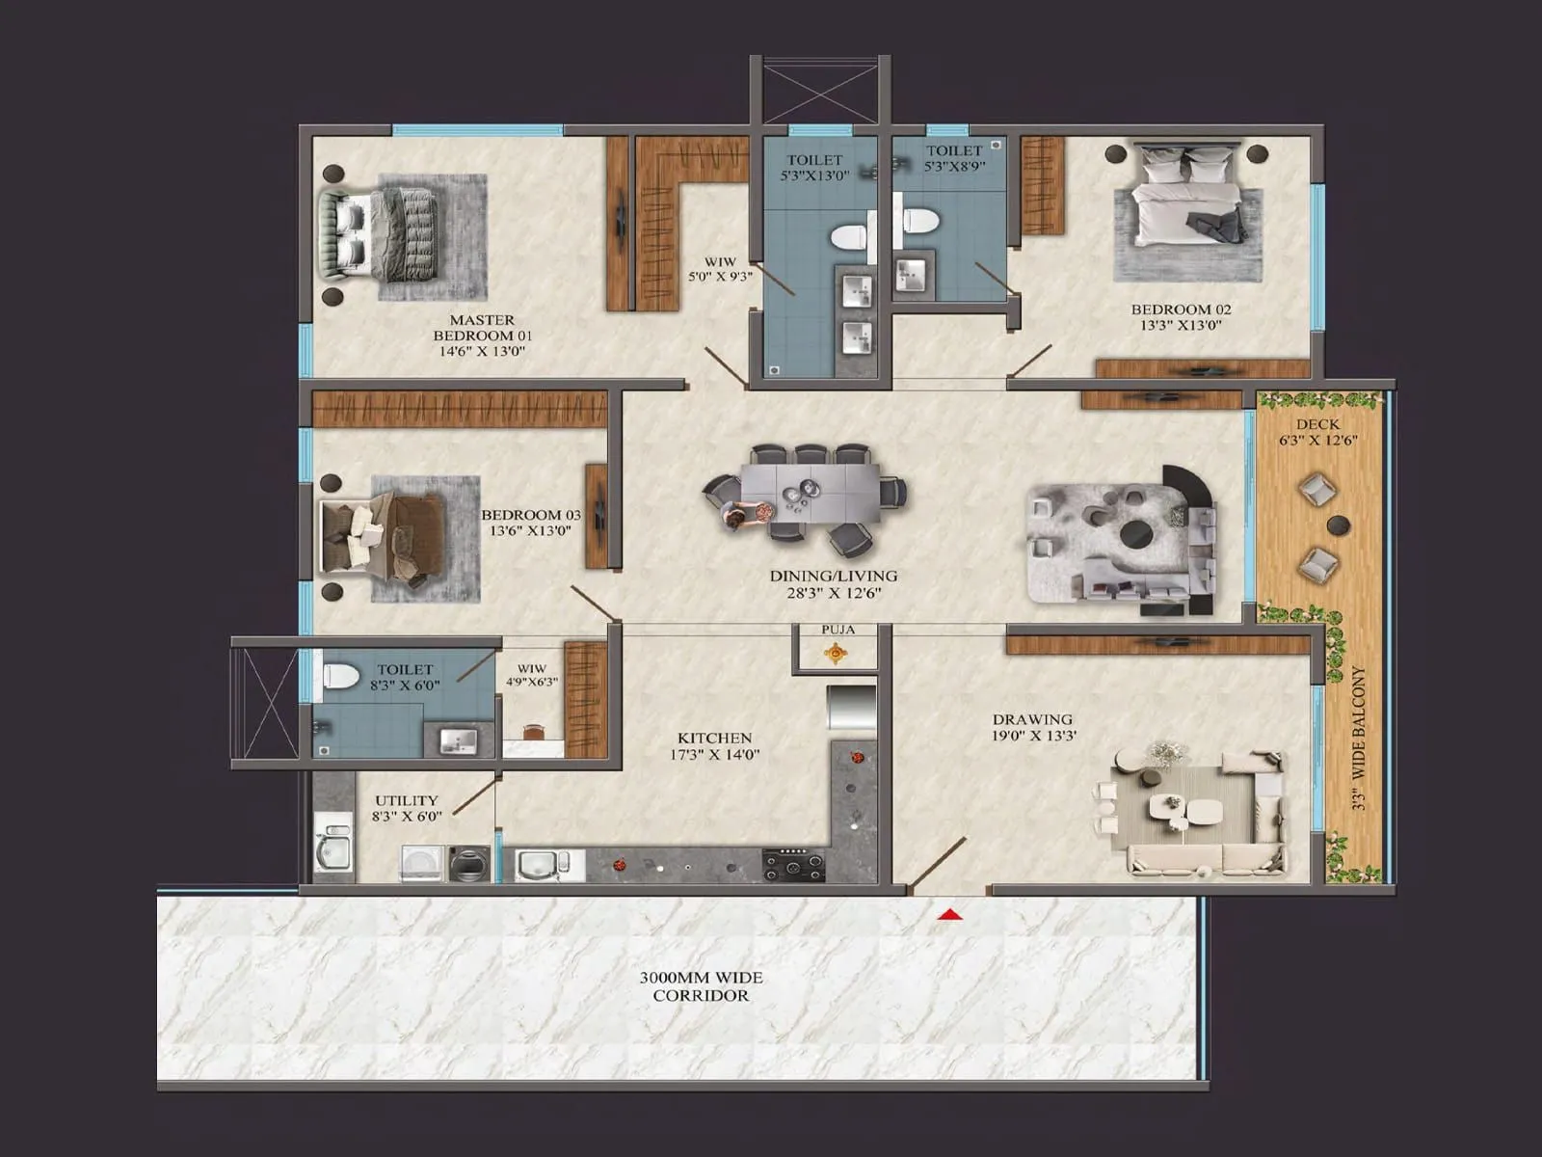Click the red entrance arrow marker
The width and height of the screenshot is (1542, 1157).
click(951, 914)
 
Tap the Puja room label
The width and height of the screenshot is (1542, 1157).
click(837, 630)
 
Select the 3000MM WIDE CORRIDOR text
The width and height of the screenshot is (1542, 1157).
click(701, 986)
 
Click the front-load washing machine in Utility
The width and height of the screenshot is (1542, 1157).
click(469, 864)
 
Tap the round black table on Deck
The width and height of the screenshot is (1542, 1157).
click(1338, 525)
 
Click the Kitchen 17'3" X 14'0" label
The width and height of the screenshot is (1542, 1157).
click(714, 745)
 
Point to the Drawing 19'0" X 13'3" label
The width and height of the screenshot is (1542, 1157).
click(1033, 727)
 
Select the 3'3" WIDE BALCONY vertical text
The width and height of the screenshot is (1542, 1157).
click(1359, 738)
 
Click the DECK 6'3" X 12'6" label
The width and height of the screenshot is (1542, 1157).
click(1316, 432)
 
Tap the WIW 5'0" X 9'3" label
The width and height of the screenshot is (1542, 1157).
click(719, 268)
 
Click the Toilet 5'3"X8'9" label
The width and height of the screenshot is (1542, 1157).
click(953, 158)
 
